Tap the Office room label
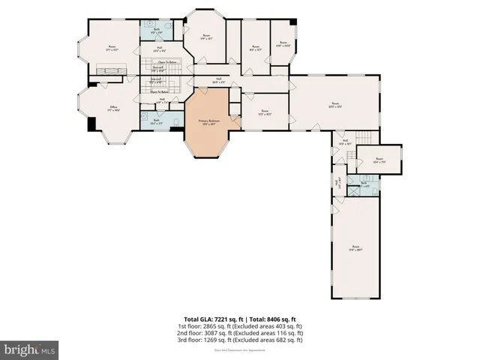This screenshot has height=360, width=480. coord(114,109)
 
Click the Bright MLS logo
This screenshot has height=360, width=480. coord(30,349)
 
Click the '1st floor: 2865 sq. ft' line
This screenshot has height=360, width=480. coord(240,326)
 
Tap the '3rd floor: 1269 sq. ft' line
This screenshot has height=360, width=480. coord(240,340)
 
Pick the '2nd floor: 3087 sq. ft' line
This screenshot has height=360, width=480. coord(240,333)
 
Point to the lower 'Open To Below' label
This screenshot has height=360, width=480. coord(160,92)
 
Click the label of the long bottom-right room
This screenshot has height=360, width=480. coord(356,247)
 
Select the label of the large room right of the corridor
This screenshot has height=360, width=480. coord(335,105)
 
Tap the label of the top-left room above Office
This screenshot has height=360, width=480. coord(112,48)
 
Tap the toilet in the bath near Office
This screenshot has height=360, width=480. coord(175,121)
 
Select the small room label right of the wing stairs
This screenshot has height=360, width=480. coord(379,160)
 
